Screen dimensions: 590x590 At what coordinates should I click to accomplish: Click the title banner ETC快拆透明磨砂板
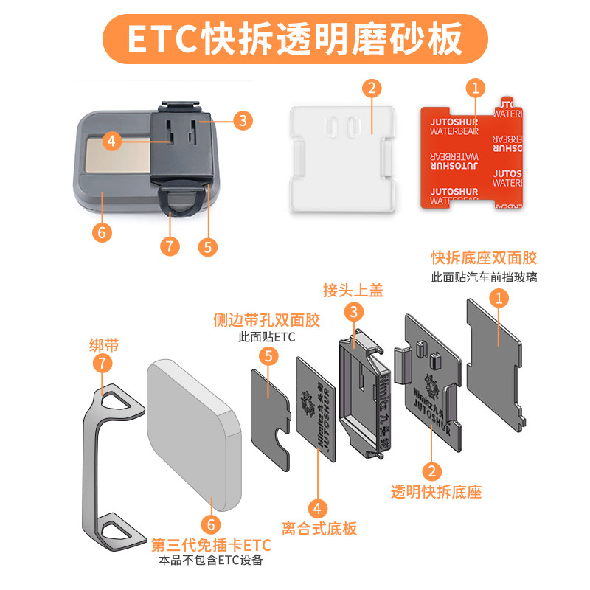coord(295,38)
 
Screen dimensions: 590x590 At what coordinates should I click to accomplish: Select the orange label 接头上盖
coord(353,290)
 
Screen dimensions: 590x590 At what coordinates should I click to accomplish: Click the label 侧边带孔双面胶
coord(266,320)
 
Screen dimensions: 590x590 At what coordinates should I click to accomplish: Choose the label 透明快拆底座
coord(436,492)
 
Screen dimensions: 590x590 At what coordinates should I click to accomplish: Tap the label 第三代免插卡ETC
coord(211,545)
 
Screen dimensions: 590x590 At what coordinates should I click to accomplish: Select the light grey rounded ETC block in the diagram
coord(193,435)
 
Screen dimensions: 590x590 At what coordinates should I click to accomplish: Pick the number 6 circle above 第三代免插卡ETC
coord(211,524)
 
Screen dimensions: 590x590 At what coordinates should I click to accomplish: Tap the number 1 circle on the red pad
coord(476,88)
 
